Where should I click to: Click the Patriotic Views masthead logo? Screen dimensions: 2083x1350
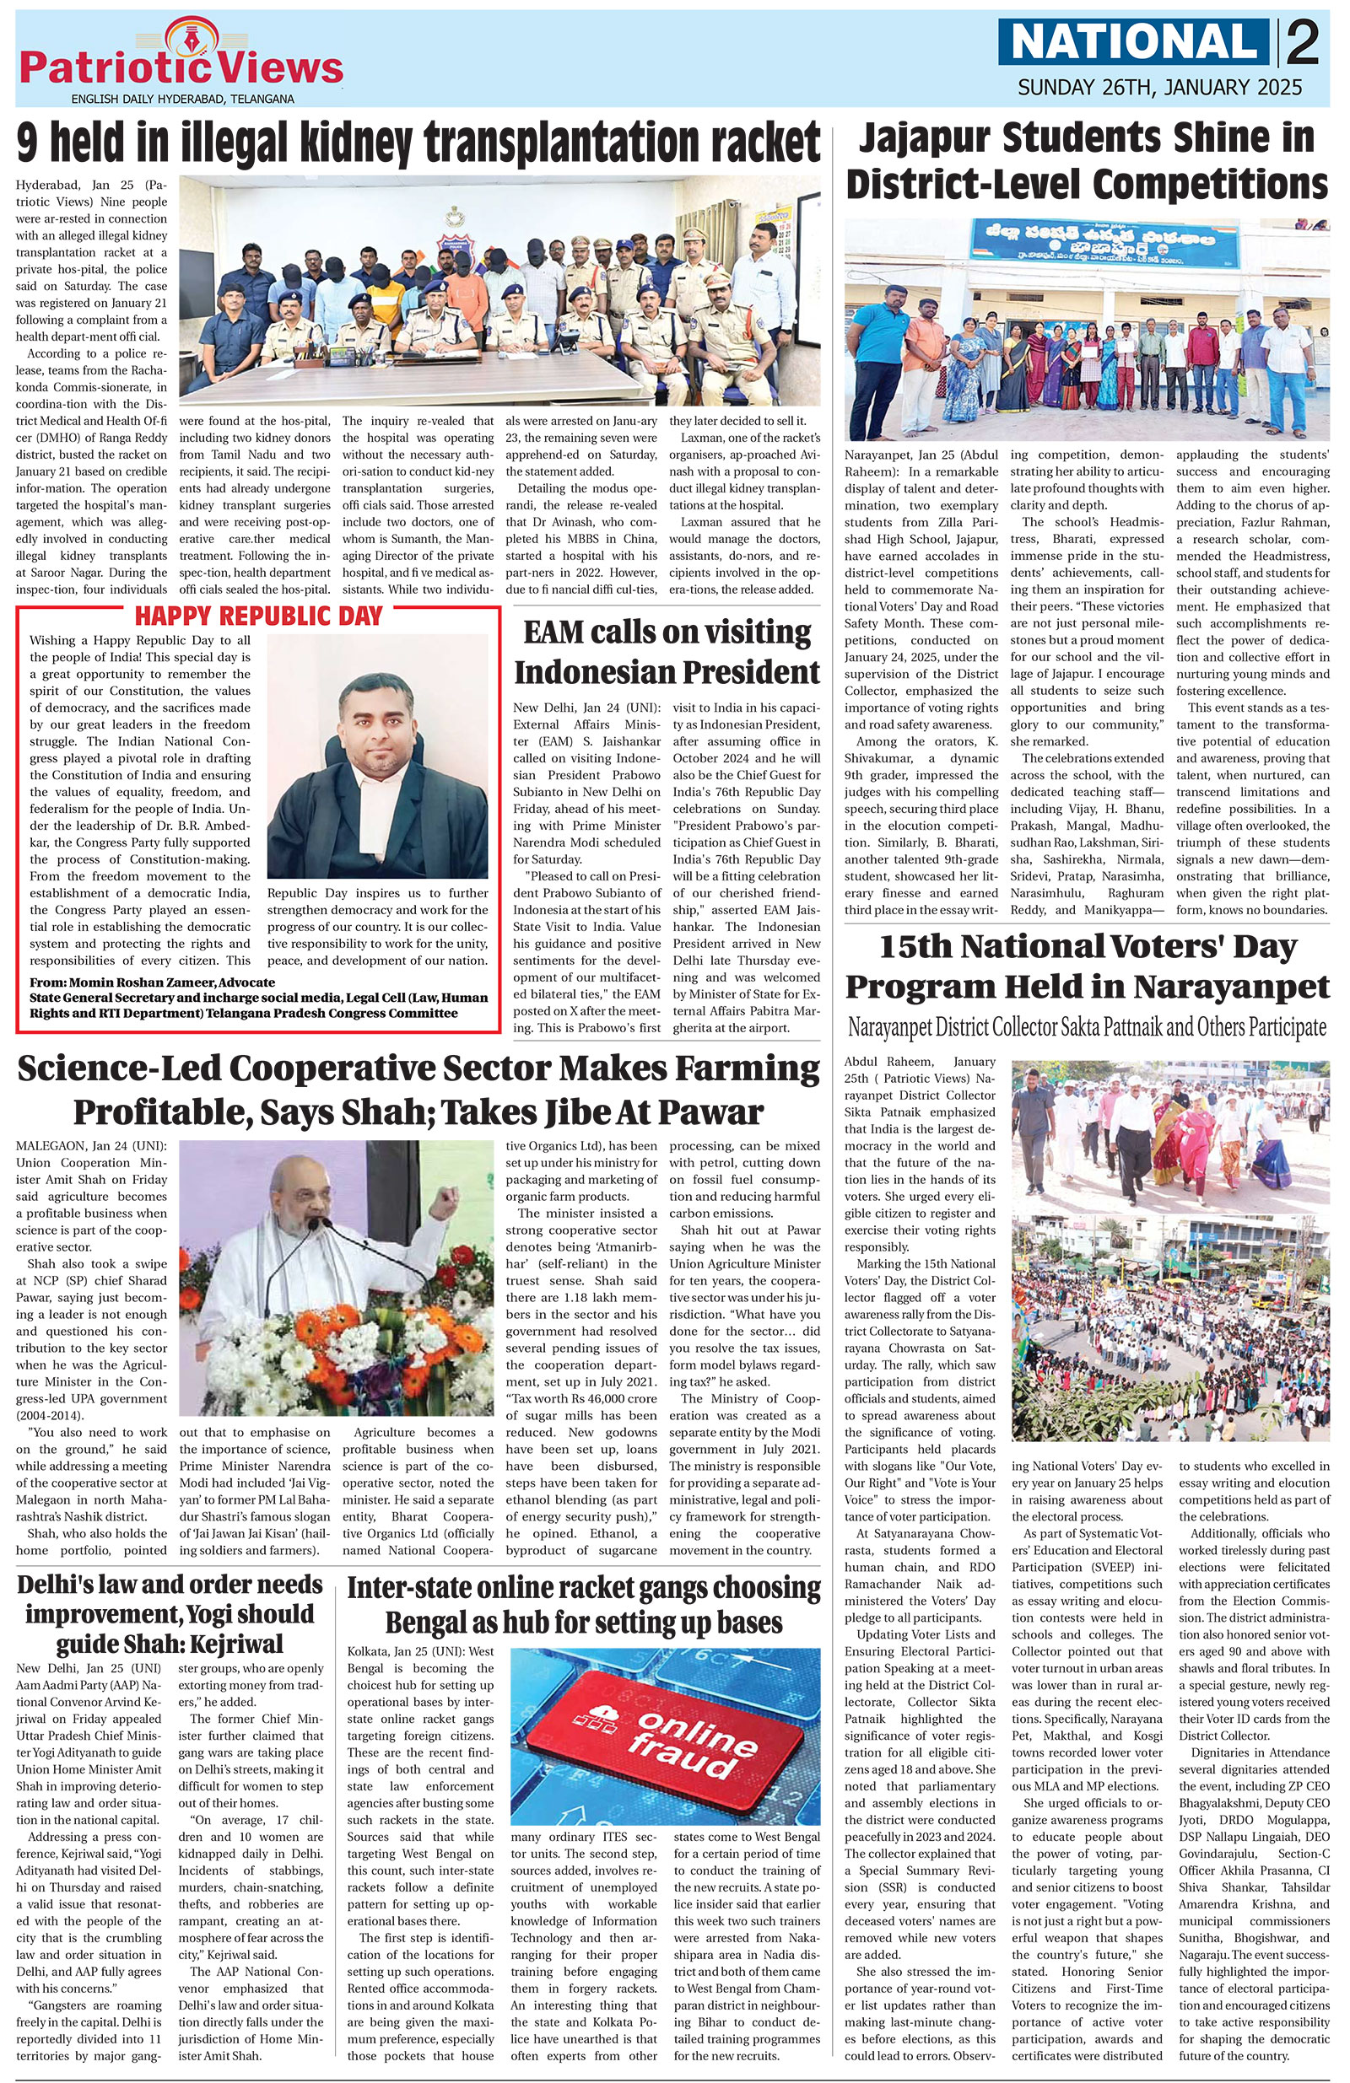pos(181,62)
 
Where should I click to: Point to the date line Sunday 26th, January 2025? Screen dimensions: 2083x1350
pos(1158,88)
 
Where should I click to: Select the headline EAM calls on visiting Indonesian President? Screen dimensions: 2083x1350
pos(666,652)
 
